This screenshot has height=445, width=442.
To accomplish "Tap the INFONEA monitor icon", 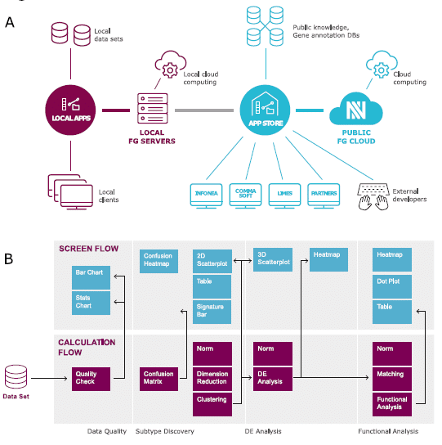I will (206, 194).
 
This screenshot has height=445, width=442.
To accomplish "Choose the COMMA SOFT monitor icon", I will (245, 194).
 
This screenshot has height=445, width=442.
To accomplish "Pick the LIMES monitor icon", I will (285, 194).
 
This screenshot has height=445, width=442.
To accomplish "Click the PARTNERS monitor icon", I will (324, 194).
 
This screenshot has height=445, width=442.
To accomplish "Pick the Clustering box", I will (213, 401).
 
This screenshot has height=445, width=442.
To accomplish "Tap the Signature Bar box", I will (213, 312).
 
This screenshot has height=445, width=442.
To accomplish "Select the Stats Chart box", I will (91, 302).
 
